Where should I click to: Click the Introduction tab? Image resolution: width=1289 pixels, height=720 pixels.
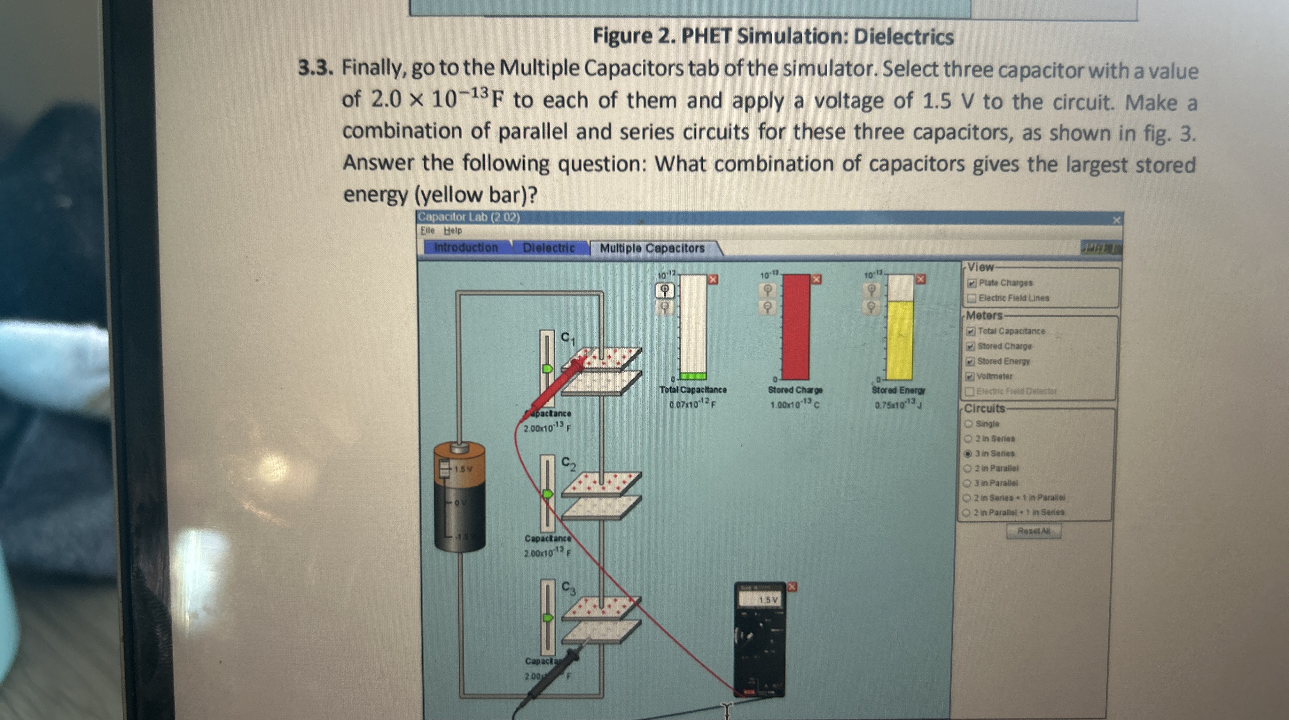(x=465, y=247)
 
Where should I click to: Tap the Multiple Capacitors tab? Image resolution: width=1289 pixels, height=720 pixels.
(x=652, y=248)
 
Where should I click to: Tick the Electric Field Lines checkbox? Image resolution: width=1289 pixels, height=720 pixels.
(x=971, y=298)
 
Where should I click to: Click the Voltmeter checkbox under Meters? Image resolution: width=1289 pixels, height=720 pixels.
(x=970, y=376)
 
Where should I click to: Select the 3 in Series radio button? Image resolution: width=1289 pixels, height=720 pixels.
(x=968, y=454)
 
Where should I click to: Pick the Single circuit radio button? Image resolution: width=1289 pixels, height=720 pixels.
(x=968, y=423)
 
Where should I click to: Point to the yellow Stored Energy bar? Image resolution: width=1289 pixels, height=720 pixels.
(x=899, y=340)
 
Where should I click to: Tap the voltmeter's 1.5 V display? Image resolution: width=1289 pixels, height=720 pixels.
(x=767, y=600)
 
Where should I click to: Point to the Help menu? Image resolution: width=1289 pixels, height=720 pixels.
(x=453, y=231)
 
